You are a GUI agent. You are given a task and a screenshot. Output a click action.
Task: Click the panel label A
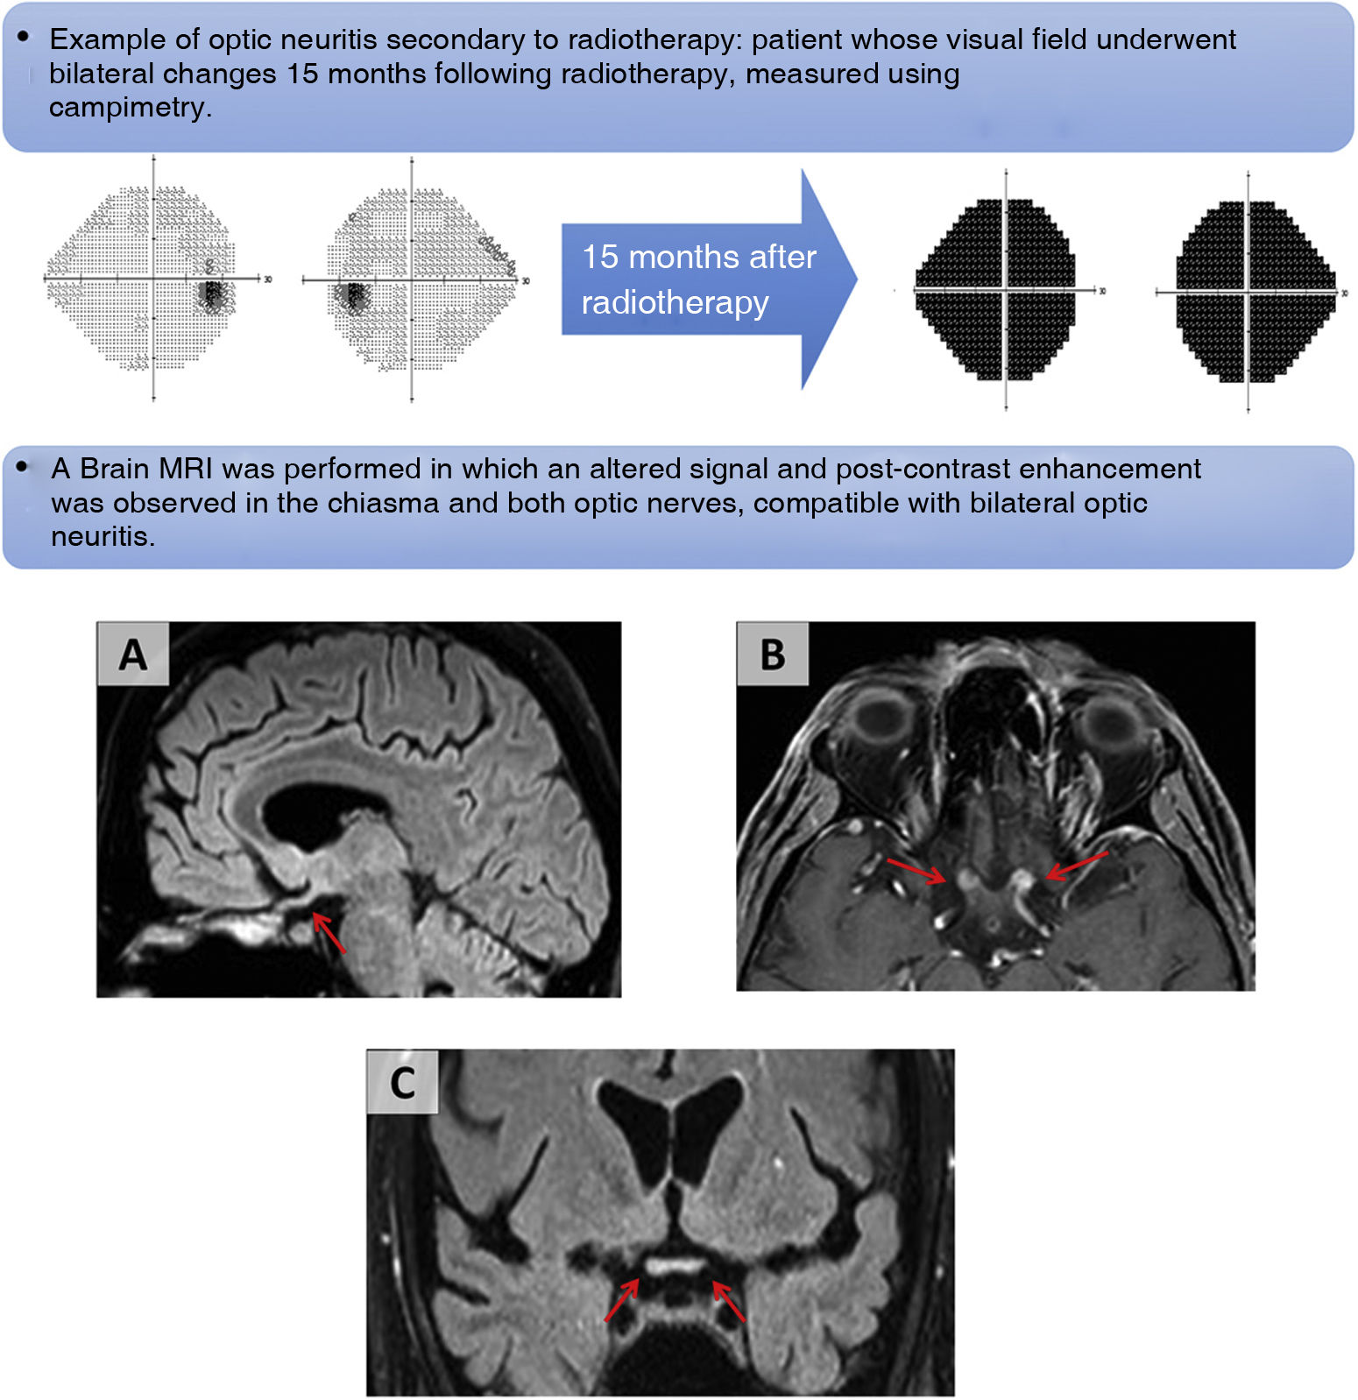(132, 654)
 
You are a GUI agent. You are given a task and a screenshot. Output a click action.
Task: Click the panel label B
(772, 654)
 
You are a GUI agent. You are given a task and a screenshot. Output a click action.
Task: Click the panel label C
(402, 1082)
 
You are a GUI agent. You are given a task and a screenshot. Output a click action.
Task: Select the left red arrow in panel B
(916, 870)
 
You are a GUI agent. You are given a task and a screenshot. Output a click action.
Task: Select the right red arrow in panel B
(1077, 866)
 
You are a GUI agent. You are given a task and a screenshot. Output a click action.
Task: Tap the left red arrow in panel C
(622, 1300)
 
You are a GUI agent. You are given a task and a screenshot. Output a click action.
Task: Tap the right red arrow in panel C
(729, 1301)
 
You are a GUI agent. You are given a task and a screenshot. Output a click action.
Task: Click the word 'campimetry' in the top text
(128, 108)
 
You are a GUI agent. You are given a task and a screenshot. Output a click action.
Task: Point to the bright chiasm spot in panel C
(674, 1265)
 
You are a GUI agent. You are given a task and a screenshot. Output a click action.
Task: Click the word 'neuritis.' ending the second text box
(103, 536)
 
